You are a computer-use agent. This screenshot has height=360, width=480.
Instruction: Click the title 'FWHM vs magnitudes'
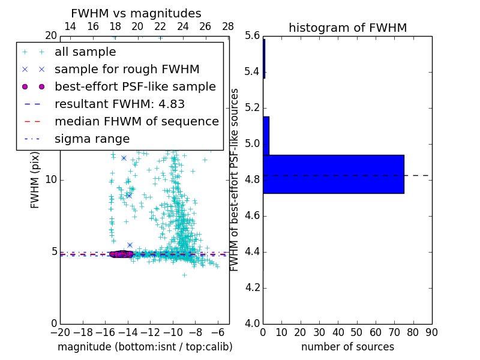[x=136, y=13]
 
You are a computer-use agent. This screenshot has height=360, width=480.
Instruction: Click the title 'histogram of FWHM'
[x=347, y=28]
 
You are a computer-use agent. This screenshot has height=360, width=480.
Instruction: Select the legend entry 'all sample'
[x=85, y=52]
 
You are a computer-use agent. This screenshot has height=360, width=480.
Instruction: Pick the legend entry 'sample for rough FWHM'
[x=127, y=70]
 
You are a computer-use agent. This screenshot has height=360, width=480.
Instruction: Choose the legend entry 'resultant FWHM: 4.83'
[x=119, y=104]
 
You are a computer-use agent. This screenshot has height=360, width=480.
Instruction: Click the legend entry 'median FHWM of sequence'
[x=136, y=122]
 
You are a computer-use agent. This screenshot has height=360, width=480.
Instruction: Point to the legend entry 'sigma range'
[x=92, y=139]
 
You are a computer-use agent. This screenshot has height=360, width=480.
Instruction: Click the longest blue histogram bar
[x=333, y=174]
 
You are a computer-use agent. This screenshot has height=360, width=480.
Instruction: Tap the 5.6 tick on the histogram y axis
[x=253, y=36]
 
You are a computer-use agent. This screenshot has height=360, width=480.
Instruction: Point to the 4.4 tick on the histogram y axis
[x=253, y=252]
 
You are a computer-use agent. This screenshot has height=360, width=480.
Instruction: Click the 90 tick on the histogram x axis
[x=431, y=332]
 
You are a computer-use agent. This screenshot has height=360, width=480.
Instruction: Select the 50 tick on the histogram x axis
[x=356, y=332]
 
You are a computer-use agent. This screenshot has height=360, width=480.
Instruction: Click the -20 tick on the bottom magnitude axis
[x=60, y=332]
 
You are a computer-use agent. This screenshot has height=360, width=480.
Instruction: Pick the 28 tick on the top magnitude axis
[x=228, y=27]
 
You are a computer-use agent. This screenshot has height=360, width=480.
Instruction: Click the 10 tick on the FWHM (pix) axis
[x=50, y=180]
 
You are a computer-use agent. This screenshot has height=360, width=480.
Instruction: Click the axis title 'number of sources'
[x=347, y=347]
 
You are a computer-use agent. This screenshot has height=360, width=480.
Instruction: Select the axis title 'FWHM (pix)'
[x=35, y=180]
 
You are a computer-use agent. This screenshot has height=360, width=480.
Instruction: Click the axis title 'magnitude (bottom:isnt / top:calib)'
[x=145, y=347]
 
